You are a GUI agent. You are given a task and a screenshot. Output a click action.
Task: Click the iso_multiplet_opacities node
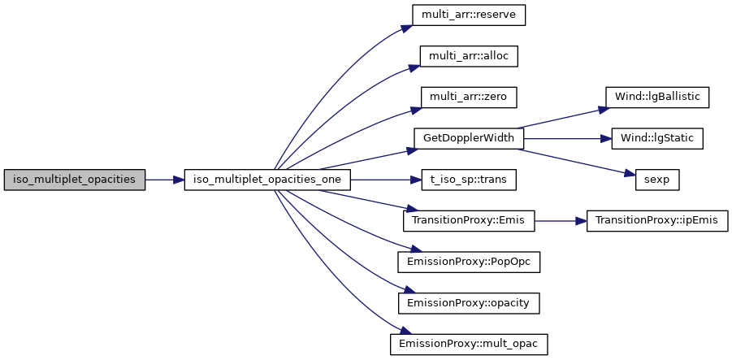pyautogui.click(x=74, y=180)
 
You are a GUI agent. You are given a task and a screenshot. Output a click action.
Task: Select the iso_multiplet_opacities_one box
pyautogui.click(x=267, y=180)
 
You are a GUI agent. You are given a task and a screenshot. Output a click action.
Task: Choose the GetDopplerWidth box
pyautogui.click(x=469, y=138)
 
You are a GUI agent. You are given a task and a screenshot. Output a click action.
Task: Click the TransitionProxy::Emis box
pyautogui.click(x=469, y=220)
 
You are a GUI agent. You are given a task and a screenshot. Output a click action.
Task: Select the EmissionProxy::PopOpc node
pyautogui.click(x=469, y=262)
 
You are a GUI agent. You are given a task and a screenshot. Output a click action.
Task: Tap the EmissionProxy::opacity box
pyautogui.click(x=469, y=303)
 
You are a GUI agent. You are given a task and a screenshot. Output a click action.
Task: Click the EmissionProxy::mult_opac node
pyautogui.click(x=469, y=344)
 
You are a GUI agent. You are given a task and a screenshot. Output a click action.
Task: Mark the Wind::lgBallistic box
pyautogui.click(x=656, y=97)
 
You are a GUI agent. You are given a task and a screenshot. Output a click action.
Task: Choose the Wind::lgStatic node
pyautogui.click(x=656, y=138)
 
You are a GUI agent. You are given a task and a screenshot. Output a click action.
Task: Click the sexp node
pyautogui.click(x=656, y=180)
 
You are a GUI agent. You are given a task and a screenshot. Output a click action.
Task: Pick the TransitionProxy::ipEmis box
pyautogui.click(x=656, y=220)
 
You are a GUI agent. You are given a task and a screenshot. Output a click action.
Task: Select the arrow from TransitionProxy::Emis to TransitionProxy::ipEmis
pyautogui.click(x=560, y=220)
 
